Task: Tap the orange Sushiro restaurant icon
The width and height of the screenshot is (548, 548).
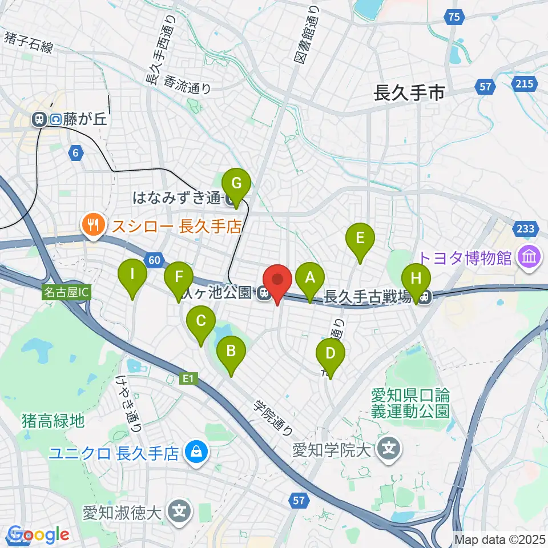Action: (92, 225)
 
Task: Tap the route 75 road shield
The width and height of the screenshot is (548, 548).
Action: (453, 18)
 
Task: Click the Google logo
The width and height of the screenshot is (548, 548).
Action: (38, 535)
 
